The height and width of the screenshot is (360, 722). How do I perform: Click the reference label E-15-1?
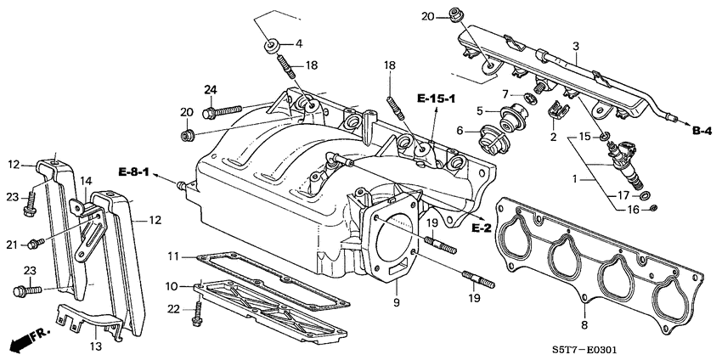(x=436, y=99)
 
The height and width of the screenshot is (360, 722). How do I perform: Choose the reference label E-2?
(x=480, y=228)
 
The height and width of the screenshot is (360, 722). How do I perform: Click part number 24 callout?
(x=210, y=89)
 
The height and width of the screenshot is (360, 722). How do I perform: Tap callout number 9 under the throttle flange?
(x=395, y=301)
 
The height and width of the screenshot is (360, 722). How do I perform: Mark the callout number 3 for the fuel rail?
(x=575, y=46)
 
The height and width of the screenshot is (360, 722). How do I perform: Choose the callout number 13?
(x=96, y=346)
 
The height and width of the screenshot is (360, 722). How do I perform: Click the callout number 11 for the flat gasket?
(x=172, y=256)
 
